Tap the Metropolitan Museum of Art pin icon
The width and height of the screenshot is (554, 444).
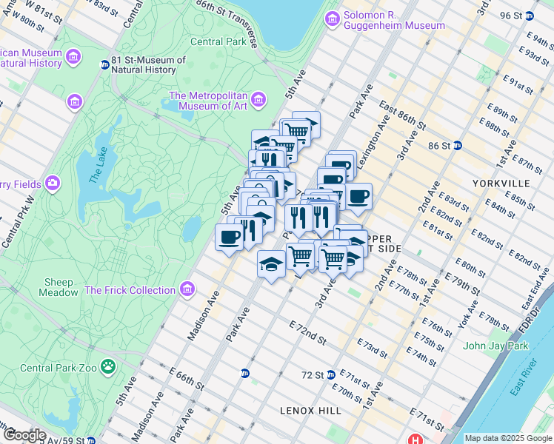[258, 99]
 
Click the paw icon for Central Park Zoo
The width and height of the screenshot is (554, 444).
[109, 366]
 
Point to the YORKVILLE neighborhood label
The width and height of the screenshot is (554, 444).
[500, 182]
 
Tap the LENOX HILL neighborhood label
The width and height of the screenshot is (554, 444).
[310, 410]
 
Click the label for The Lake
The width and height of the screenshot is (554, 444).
[97, 166]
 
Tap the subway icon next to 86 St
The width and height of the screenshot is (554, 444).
[458, 145]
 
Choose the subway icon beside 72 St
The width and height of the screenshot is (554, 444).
[331, 374]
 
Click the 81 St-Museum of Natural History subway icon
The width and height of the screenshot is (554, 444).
[105, 64]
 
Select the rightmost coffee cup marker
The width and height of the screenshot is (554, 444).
[358, 196]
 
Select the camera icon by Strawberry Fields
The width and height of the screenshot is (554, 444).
[52, 182]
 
